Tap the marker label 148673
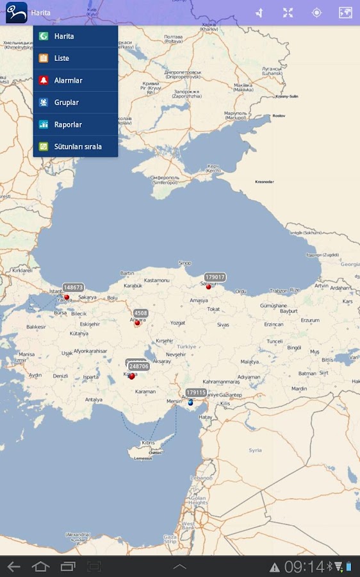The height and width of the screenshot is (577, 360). (x=73, y=288)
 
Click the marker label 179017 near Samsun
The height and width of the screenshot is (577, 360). (x=215, y=278)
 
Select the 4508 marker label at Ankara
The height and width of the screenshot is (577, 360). (x=141, y=314)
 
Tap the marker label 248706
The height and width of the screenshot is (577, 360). (x=138, y=367)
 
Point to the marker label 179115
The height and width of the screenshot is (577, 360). (x=196, y=392)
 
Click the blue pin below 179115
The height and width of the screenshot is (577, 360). (x=190, y=403)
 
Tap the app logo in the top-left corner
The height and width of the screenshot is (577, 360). (x=16, y=12)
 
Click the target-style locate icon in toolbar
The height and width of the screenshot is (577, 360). (x=316, y=13)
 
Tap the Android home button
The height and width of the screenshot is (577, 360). (x=40, y=567)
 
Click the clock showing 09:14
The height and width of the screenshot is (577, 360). (x=304, y=567)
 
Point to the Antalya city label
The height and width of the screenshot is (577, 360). (x=94, y=399)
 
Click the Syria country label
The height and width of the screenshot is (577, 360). (x=255, y=450)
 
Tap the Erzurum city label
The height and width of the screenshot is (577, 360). (x=309, y=320)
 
